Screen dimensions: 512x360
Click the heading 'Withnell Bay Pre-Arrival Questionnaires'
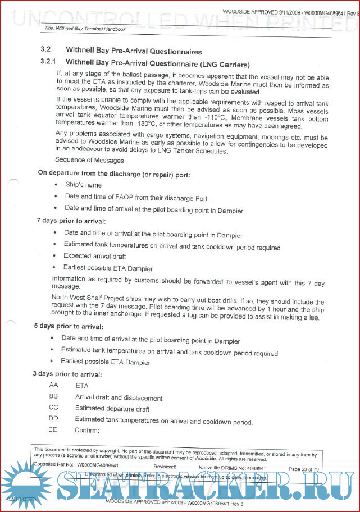pyautogui.click(x=134, y=51)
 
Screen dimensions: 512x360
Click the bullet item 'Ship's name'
pyautogui.click(x=83, y=185)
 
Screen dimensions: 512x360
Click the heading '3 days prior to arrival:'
pyautogui.click(x=67, y=374)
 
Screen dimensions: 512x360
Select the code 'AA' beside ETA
pyautogui.click(x=54, y=386)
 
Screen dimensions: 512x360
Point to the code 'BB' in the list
pyautogui.click(x=54, y=397)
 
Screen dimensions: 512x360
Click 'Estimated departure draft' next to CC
pyautogui.click(x=112, y=409)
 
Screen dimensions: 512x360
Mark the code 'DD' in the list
pyautogui.click(x=54, y=419)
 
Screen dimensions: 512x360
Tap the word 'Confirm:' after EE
pyautogui.click(x=86, y=431)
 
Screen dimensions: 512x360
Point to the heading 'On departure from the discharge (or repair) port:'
pyautogui.click(x=114, y=173)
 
